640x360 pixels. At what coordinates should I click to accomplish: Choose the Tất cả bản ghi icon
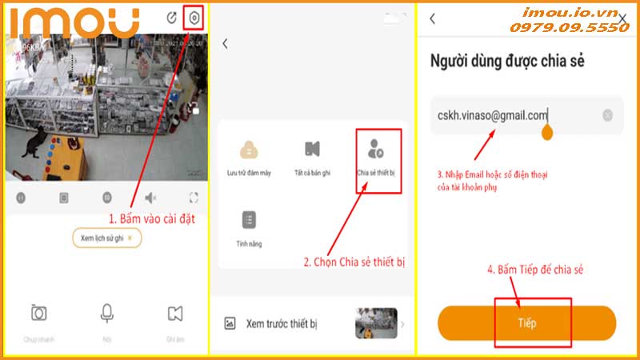(312, 150)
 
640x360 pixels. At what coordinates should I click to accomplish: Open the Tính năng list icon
(249, 220)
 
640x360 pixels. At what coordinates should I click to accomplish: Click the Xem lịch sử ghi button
(106, 238)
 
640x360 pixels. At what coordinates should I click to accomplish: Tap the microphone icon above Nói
(106, 313)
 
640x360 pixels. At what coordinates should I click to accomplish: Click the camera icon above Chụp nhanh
(38, 313)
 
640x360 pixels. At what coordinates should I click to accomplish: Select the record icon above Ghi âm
(175, 313)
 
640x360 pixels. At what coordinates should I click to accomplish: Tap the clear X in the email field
(607, 115)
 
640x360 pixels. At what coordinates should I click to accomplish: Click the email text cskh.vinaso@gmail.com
(492, 115)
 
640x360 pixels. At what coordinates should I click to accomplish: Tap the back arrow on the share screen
(433, 18)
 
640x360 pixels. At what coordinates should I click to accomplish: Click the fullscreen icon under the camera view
(193, 197)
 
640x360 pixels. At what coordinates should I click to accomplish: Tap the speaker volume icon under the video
(150, 197)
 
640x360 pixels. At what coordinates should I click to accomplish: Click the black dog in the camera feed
(34, 143)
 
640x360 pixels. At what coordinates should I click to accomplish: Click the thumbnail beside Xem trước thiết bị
(376, 323)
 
